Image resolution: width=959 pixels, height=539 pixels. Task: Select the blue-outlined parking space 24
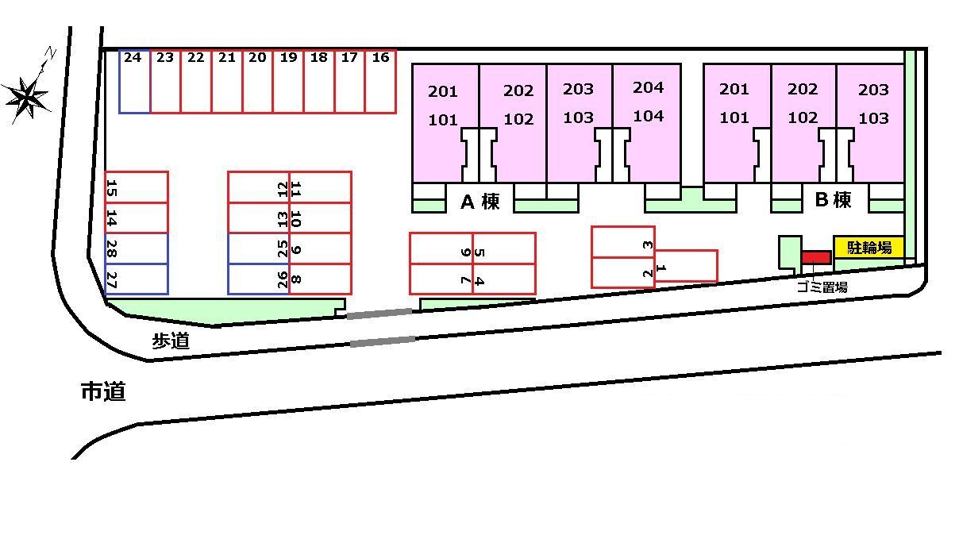coord(134,82)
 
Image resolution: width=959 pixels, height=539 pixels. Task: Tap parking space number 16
coord(380,82)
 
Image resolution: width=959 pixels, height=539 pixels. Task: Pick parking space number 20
coord(257,82)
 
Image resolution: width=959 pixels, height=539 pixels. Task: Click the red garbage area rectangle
coord(815,257)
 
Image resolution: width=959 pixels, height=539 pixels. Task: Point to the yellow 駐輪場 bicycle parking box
coord(868,248)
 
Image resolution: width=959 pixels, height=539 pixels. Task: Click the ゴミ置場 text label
coord(822,287)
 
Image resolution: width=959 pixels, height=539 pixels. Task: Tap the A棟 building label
coord(480,202)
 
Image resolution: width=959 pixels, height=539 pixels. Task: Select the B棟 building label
coord(833,200)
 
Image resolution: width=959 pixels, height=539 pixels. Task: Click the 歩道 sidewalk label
coord(171,341)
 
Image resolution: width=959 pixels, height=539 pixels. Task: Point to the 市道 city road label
coord(103,391)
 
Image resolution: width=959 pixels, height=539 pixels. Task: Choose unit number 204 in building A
coord(648,87)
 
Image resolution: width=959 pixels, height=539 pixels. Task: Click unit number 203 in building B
coord(873,90)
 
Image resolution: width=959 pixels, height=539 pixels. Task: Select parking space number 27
coord(136,279)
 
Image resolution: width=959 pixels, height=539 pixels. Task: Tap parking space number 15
coord(136,187)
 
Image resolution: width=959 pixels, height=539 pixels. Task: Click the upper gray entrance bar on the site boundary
coord(379,314)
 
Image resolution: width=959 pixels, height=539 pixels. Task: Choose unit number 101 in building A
coord(443,121)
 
